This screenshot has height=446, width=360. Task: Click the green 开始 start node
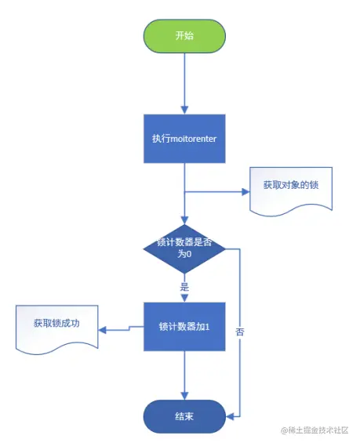[x=184, y=35]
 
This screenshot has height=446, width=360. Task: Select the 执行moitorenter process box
[x=184, y=139]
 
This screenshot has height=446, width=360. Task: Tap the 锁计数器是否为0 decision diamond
[x=184, y=248]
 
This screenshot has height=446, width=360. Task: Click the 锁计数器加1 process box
[x=184, y=325]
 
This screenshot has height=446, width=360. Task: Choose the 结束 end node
[x=184, y=416]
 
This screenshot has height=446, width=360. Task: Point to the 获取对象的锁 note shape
[x=285, y=190]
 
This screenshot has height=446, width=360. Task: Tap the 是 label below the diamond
[x=185, y=288]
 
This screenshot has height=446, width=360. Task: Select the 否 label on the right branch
[x=239, y=332]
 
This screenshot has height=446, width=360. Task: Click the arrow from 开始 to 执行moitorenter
[x=184, y=82]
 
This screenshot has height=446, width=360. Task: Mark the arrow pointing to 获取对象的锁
[x=220, y=190]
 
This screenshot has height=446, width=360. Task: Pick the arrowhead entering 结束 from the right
[x=229, y=416]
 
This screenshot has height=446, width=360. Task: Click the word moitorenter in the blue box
[x=193, y=139]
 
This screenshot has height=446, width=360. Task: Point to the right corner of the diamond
[x=225, y=248]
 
